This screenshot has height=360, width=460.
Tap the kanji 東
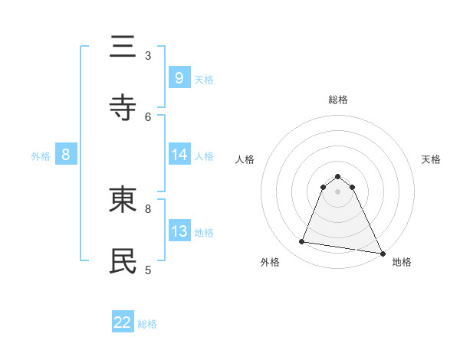[123, 200]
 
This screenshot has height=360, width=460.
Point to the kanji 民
[123, 260]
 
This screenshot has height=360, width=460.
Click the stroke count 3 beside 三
[148, 55]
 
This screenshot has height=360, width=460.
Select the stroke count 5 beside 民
[148, 269]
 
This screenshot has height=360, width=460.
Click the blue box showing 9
[179, 77]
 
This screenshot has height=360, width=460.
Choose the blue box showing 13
[179, 231]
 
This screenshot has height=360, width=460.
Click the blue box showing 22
[123, 322]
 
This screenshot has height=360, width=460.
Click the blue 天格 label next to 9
[204, 79]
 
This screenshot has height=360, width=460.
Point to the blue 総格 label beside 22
[147, 324]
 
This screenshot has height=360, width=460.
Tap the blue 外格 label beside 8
[41, 155]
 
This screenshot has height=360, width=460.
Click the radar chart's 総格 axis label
[338, 100]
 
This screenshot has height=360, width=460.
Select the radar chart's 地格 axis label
[402, 262]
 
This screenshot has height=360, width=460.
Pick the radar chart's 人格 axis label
[245, 159]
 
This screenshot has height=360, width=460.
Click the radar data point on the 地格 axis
[382, 252]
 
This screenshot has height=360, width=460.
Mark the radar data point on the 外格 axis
[302, 242]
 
